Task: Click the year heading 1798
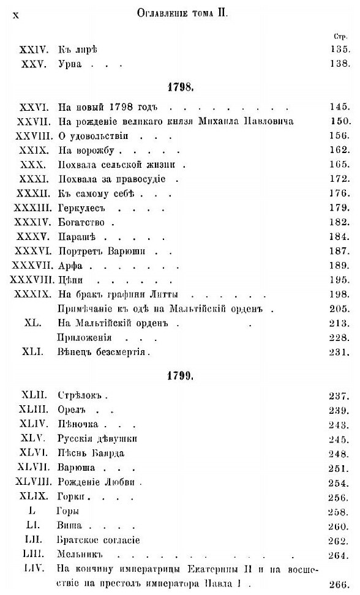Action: pyautogui.click(x=180, y=87)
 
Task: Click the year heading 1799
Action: pyautogui.click(x=180, y=376)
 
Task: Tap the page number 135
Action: pyautogui.click(x=337, y=48)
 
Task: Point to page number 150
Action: pyautogui.click(x=337, y=121)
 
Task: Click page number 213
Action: pyautogui.click(x=337, y=321)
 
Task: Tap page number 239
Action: pyautogui.click(x=337, y=410)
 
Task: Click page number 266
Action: pyautogui.click(x=337, y=584)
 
